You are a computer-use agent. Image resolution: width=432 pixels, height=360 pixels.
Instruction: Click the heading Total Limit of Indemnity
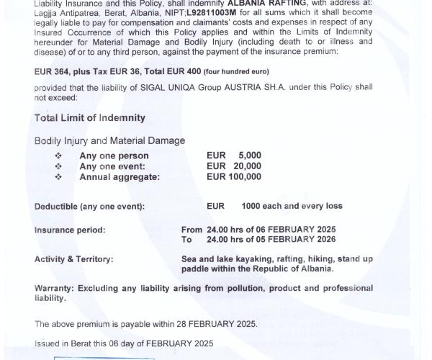[x=89, y=118]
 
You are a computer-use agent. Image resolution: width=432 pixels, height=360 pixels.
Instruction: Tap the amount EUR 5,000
[x=233, y=156]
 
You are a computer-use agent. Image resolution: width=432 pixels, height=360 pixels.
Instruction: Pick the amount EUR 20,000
[x=233, y=166]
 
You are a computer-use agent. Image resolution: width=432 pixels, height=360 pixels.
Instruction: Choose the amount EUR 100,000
[x=233, y=176]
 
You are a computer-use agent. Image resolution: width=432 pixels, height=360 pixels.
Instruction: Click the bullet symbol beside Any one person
[x=58, y=156]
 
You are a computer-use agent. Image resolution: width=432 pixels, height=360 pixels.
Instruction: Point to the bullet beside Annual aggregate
[x=58, y=176]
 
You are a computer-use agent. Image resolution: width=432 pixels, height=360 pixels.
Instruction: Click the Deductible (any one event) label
[x=89, y=207]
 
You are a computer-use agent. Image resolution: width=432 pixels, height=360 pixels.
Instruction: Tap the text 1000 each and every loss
[x=292, y=207]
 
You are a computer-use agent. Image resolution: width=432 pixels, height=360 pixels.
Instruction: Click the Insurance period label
[x=70, y=230]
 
